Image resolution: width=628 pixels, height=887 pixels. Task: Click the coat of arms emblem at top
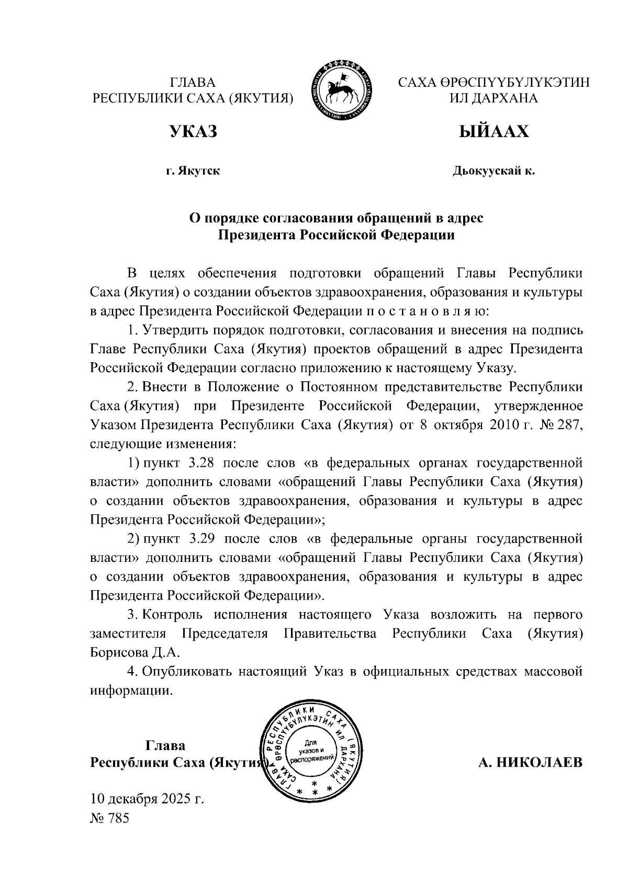pos(344,90)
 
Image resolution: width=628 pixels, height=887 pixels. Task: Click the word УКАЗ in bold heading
pos(193,132)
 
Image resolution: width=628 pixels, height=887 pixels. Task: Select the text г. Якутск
pos(193,170)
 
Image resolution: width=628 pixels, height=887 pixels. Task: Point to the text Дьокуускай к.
pos(494,170)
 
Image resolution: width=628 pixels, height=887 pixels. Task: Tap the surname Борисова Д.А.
pos(135,652)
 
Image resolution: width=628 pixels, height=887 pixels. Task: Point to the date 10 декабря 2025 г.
pos(147,799)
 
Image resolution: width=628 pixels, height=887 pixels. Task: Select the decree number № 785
pos(109,818)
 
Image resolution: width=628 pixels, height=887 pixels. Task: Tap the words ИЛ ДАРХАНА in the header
pos(494,98)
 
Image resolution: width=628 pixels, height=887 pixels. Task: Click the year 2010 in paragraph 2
pos(504,425)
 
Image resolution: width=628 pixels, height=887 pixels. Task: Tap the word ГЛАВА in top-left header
pos(193,83)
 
